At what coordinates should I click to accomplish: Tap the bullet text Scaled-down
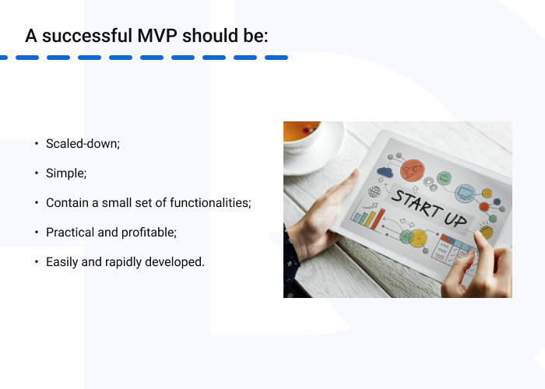tap(83, 144)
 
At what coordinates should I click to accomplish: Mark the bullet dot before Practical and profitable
tap(37, 233)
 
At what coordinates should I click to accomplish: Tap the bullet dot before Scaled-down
tap(37, 144)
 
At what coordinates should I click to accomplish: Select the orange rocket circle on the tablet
tap(412, 170)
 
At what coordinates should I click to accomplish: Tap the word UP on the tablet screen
tap(455, 214)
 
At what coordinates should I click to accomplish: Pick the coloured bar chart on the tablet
tap(367, 217)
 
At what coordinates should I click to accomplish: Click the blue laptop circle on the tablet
tap(466, 191)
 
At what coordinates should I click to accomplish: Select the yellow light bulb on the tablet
tap(487, 232)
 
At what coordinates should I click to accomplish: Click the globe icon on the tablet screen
tap(374, 191)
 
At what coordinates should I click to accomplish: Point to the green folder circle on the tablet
tap(444, 179)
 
